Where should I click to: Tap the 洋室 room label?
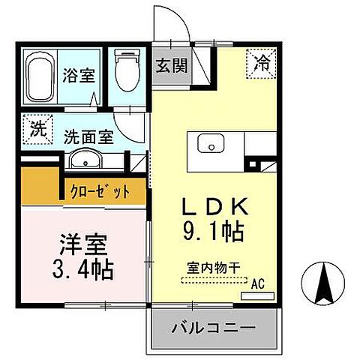[82, 245]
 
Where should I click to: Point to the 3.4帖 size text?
[83, 270]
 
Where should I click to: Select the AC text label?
[258, 283]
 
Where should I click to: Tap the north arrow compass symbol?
[325, 283]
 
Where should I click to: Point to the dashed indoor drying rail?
[213, 280]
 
